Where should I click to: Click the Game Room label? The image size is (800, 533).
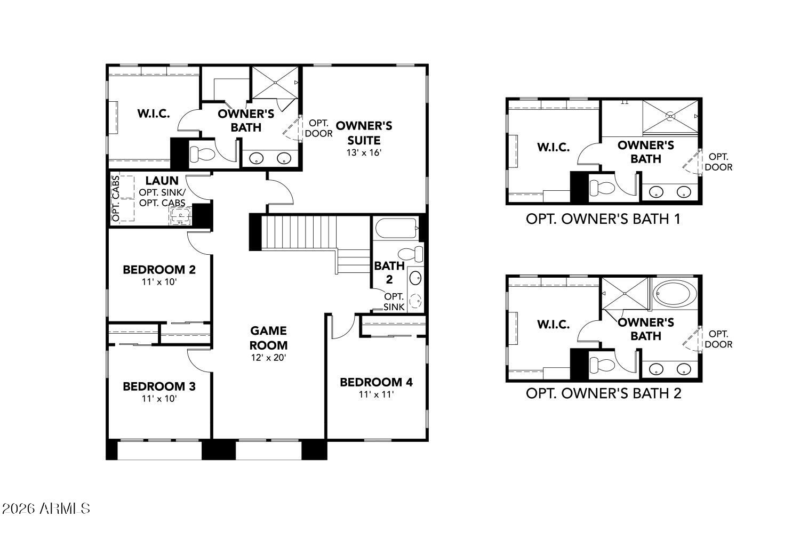[x=269, y=338]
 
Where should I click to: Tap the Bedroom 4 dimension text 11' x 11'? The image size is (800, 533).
[x=376, y=395]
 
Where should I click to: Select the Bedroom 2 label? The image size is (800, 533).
[x=159, y=270]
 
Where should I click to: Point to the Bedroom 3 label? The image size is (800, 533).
[x=159, y=386]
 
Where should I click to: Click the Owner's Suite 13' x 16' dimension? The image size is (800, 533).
[x=364, y=152]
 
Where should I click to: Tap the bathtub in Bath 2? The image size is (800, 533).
[x=396, y=230]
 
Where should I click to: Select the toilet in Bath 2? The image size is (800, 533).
[x=411, y=254]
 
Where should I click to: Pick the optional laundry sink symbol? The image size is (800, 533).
[x=180, y=216]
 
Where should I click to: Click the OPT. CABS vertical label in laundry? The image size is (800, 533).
[x=115, y=199]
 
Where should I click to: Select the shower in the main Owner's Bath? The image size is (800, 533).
[x=275, y=83]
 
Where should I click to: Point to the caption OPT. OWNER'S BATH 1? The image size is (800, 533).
[x=603, y=219]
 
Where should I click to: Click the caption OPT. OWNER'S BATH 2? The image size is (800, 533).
[x=603, y=393]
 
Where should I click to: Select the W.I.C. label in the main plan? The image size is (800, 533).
[x=154, y=114]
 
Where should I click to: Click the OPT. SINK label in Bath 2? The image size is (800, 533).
[x=394, y=302]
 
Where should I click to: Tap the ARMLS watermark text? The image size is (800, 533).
[x=45, y=508]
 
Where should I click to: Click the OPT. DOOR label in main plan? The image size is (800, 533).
[x=318, y=128]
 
